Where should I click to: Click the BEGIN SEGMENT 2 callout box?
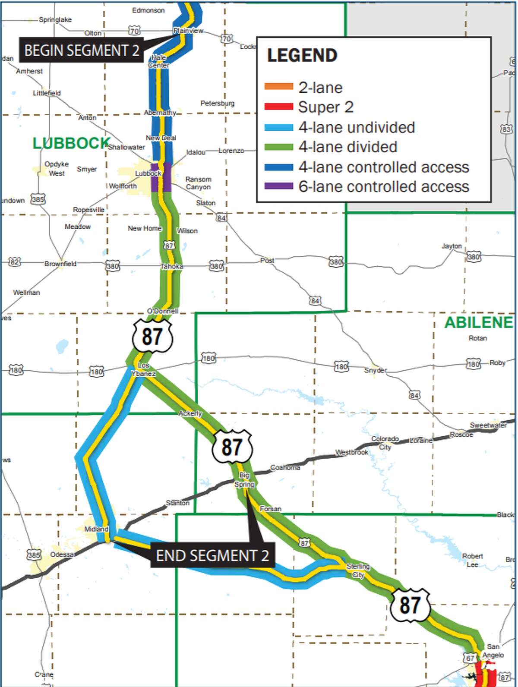coord(81,50)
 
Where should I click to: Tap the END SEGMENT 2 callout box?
coord(212,555)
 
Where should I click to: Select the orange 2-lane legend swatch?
coord(278,87)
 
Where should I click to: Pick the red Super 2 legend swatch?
coord(278,107)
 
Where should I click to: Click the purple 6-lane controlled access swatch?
coord(278,186)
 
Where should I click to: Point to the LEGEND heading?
coord(302,56)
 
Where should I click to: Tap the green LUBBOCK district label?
coord(71,143)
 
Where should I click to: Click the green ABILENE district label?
coord(478,322)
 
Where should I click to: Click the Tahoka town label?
coord(172,266)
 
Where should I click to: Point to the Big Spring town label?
coord(244,479)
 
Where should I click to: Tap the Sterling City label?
coord(358,570)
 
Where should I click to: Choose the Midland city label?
coord(96,529)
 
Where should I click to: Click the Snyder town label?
coord(375,370)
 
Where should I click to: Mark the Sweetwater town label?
coord(488,425)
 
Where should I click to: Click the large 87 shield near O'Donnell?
coord(152,336)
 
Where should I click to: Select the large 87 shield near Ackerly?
coord(232,447)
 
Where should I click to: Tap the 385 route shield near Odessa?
coord(34,555)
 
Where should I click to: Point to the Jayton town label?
coord(452,246)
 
